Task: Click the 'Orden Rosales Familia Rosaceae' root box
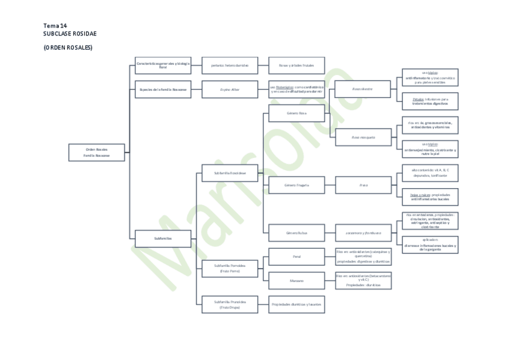(x=97, y=153)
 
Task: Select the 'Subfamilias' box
(x=163, y=239)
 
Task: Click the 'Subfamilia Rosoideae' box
(x=230, y=173)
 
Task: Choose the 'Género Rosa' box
(x=296, y=112)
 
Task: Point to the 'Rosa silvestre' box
(x=363, y=89)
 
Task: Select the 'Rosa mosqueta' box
(x=363, y=137)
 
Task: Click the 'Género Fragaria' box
(x=296, y=185)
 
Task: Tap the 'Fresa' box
(x=363, y=185)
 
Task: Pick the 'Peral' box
(x=296, y=257)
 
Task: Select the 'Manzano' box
(x=296, y=280)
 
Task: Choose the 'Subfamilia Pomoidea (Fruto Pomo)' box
(x=230, y=268)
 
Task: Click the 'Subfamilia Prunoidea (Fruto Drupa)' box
(x=230, y=304)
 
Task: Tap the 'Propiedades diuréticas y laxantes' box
(x=296, y=304)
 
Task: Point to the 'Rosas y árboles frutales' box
(x=296, y=65)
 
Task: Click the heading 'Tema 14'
(x=55, y=25)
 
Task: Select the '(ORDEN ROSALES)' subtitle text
(x=68, y=47)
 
